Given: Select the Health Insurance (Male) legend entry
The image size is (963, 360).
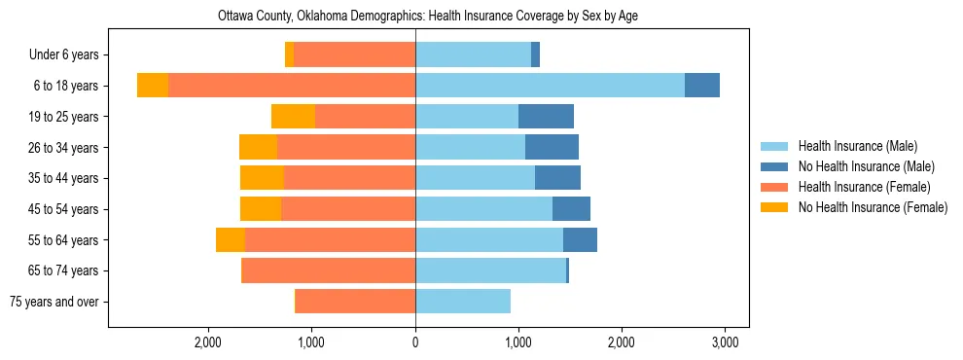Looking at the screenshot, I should point(856,146).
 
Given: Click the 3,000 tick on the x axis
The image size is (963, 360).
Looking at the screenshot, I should point(724,342).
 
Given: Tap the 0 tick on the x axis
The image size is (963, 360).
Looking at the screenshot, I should point(415,342).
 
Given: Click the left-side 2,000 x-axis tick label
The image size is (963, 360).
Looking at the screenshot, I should point(209,342).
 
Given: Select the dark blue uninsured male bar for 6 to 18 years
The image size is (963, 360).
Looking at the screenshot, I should point(702,86).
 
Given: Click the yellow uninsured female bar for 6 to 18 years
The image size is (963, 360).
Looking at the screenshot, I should point(153,86).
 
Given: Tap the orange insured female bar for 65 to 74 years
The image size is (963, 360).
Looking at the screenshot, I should point(329,270).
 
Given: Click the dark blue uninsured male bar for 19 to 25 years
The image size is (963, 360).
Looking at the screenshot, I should point(546,117).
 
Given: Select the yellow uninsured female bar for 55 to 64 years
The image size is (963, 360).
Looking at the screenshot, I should point(231,239).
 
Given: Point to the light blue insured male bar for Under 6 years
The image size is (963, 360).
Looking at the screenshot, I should point(473,55).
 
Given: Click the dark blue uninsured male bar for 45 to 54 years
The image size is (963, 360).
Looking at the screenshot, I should point(571,209).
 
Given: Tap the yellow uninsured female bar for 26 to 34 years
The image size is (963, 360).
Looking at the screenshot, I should point(259,147).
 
